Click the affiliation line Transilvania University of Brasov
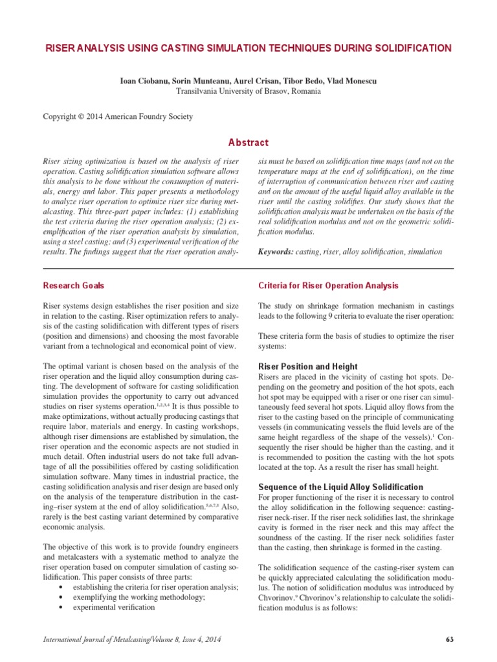[x=248, y=91]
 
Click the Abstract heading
[x=248, y=142]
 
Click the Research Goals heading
[x=73, y=286]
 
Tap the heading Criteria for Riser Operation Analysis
[x=328, y=286]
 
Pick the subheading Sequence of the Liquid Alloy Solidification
[x=340, y=487]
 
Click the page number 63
[x=450, y=640]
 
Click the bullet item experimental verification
[x=114, y=608]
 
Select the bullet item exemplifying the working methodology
[x=139, y=597]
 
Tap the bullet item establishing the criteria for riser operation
[x=155, y=587]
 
